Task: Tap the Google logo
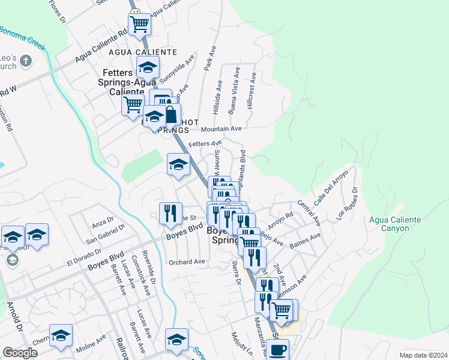pyautogui.click(x=20, y=353)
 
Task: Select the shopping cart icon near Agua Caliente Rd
pyautogui.click(x=139, y=24)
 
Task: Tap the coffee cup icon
pyautogui.click(x=277, y=349)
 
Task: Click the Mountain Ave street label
pyautogui.click(x=221, y=129)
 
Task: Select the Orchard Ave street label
pyautogui.click(x=187, y=262)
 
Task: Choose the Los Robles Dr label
pyautogui.click(x=348, y=203)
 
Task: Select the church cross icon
pyautogui.click(x=25, y=61)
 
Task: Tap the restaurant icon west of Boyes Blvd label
pyautogui.click(x=171, y=213)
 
